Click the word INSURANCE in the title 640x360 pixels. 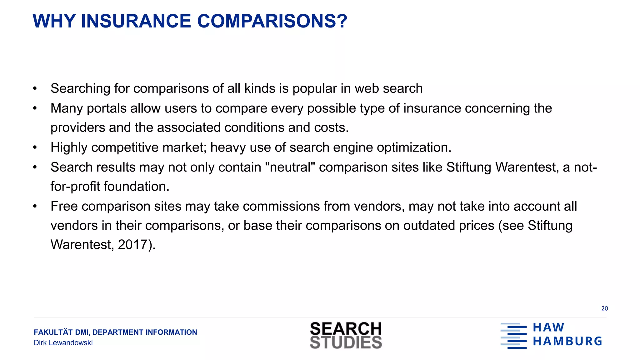pos(136,21)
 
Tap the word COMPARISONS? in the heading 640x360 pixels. pos(272,21)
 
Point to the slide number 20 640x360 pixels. pos(604,308)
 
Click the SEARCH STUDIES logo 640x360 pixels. pos(346,335)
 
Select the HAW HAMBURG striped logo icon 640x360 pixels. pos(513,336)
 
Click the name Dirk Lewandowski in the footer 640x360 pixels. pos(63,343)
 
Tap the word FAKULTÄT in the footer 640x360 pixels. pos(53,332)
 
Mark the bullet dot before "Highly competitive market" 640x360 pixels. pos(35,147)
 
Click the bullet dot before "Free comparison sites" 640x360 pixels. pos(35,206)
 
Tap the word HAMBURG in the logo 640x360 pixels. pos(567,341)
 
